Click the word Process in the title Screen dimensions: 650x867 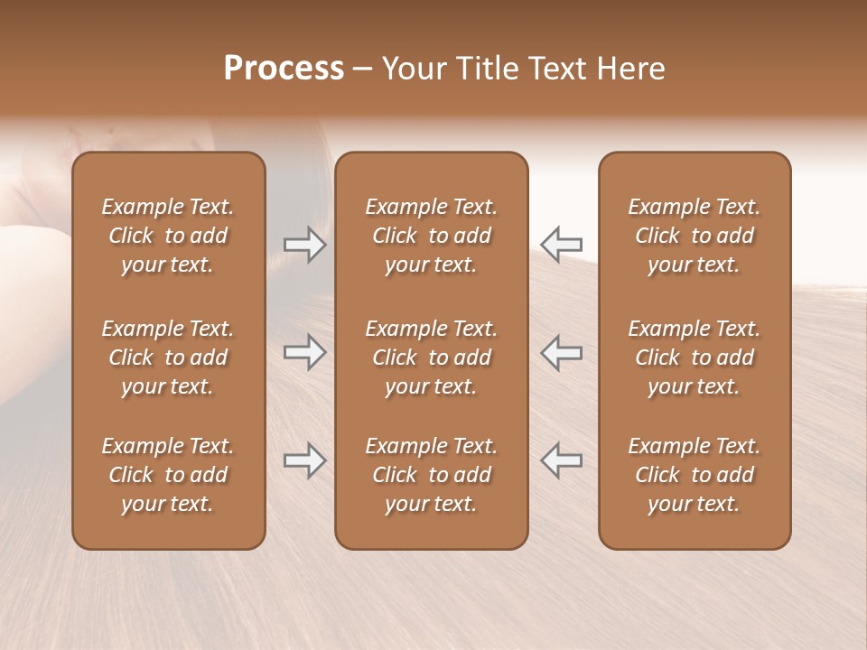pos(284,69)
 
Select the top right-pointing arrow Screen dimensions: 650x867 pos(304,244)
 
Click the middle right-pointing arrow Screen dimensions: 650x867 pos(304,351)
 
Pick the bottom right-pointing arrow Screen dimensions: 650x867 pos(304,460)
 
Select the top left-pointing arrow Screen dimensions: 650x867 pos(561,244)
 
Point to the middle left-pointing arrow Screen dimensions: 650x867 pos(561,351)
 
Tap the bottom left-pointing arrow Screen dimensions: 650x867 pos(561,460)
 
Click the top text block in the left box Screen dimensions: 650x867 pos(168,236)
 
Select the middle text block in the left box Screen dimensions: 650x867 pos(168,357)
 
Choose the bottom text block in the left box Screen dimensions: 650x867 pos(168,475)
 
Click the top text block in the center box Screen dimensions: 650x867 pos(431,236)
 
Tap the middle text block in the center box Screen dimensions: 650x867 pos(431,357)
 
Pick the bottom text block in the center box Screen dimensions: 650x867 pos(431,475)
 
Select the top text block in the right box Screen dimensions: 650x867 pos(694,236)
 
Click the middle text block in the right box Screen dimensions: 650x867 pos(694,357)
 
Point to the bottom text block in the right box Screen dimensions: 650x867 pos(694,475)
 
